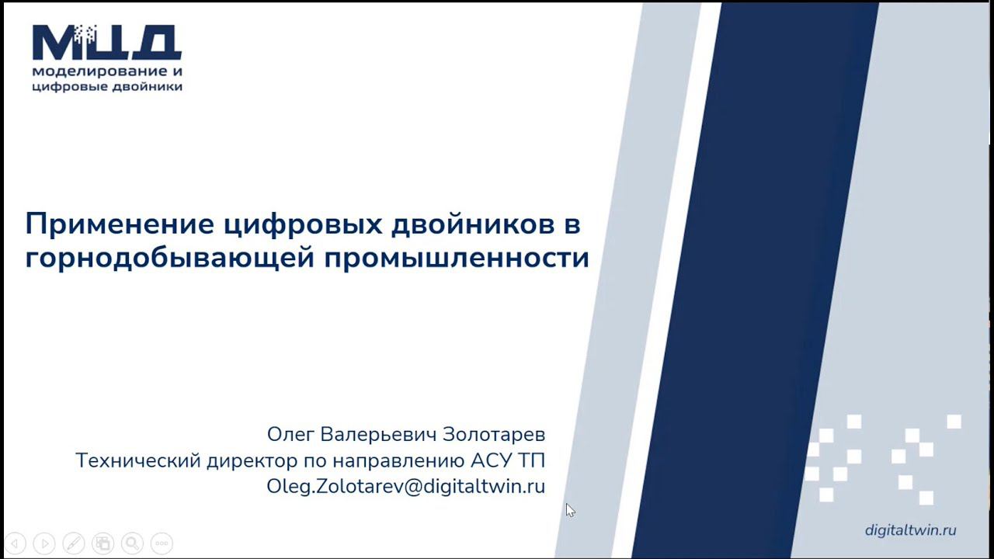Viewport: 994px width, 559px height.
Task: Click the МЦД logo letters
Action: click(x=107, y=43)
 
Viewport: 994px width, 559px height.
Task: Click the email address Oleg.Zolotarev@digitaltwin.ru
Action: click(x=405, y=487)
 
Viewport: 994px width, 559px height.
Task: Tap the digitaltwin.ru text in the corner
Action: click(x=910, y=530)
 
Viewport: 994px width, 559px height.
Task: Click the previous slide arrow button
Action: click(x=16, y=543)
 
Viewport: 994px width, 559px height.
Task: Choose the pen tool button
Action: click(x=74, y=543)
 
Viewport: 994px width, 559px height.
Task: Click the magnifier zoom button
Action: click(x=132, y=543)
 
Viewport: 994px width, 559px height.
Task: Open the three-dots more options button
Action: click(x=162, y=543)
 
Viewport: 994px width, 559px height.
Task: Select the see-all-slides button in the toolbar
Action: click(x=103, y=543)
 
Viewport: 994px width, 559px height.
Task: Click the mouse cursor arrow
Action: click(x=570, y=510)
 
